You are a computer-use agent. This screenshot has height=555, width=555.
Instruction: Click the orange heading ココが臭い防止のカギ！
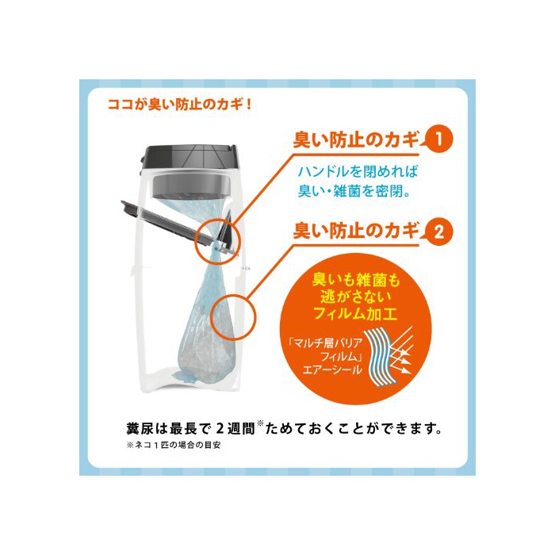179,105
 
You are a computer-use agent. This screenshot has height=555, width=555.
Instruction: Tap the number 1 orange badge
438,139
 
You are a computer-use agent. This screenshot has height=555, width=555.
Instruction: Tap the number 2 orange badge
438,232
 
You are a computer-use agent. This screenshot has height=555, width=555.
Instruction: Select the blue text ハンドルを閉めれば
358,172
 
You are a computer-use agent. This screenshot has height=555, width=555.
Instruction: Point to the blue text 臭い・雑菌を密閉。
354,192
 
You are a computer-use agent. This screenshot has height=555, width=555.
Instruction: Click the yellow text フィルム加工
354,313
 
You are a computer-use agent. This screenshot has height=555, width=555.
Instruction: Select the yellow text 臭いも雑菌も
356,281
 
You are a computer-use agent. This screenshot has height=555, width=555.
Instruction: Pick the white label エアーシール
332,370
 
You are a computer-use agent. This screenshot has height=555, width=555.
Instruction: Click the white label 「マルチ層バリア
325,343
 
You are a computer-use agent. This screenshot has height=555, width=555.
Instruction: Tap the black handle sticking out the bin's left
166,223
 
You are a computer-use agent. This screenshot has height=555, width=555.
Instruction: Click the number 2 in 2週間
220,429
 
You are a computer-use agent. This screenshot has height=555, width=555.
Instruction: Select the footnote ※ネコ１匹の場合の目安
174,446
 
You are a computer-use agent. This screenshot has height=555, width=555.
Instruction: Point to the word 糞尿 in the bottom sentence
141,429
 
